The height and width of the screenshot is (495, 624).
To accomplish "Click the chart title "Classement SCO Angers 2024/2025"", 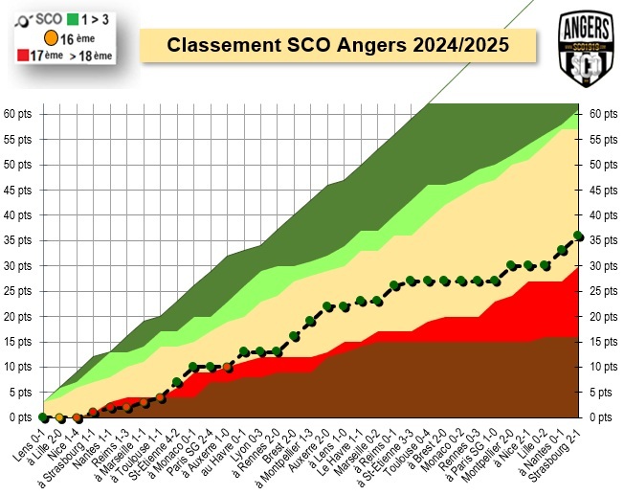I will pyautogui.click(x=337, y=45).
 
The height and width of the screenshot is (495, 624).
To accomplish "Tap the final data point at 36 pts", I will pyautogui.click(x=578, y=236).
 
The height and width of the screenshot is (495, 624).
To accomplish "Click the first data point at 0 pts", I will pyautogui.click(x=43, y=417).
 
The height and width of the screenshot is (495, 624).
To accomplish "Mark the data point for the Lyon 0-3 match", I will pyautogui.click(x=260, y=351).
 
